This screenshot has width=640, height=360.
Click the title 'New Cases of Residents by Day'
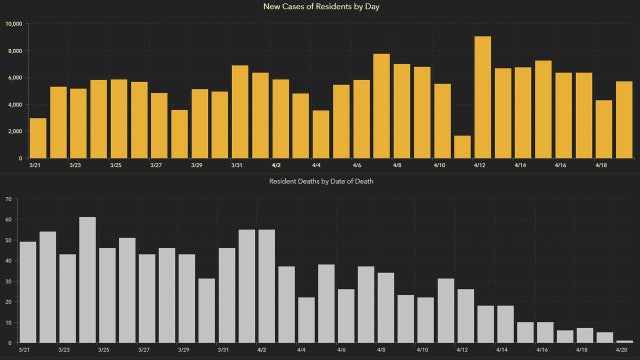click(320, 7)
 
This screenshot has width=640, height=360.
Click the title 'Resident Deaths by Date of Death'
click(320, 181)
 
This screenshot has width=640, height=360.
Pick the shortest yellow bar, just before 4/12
click(462, 147)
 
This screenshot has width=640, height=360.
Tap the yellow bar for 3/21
click(38, 138)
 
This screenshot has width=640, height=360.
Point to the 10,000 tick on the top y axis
click(13, 23)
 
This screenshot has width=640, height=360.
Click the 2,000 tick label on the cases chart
click(14, 131)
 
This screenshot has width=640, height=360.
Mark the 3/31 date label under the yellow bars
click(237, 165)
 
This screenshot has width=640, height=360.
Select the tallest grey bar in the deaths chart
click(88, 280)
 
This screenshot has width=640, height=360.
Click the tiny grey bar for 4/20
click(625, 341)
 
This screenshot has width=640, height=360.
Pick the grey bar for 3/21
click(28, 292)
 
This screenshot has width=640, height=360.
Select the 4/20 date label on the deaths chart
click(623, 350)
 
